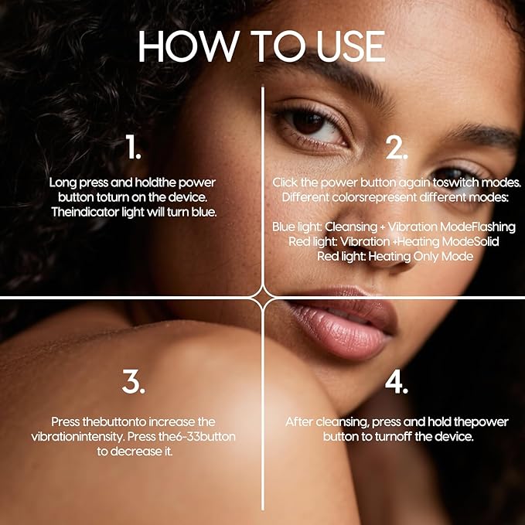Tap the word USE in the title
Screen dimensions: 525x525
tap(351, 46)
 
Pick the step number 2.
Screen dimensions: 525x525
tap(397, 148)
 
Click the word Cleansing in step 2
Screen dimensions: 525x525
tap(351, 227)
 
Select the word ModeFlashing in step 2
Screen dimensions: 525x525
tap(478, 227)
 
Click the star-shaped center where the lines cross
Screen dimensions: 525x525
tap(263, 298)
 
